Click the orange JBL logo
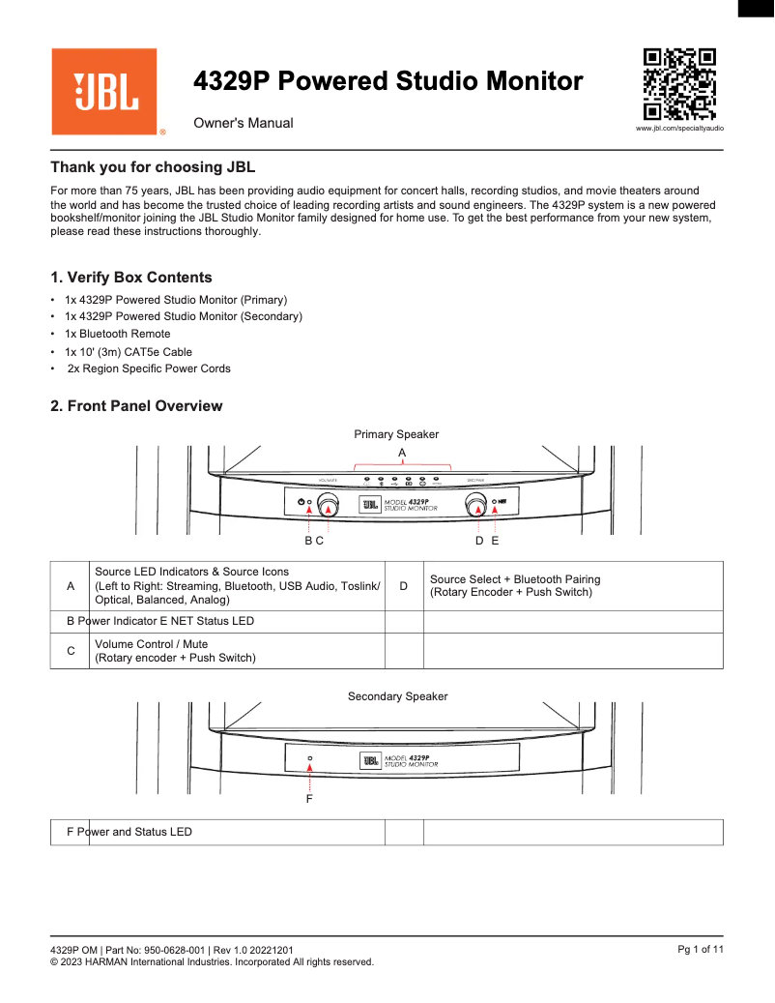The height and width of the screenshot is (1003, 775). pos(104,92)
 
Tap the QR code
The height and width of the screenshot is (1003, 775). pos(680,84)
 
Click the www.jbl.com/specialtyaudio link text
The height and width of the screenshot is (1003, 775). pos(679,129)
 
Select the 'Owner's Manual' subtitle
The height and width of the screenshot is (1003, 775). pos(243,124)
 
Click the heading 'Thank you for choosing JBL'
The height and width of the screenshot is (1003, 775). pos(153,167)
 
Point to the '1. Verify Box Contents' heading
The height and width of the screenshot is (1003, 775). pos(131,278)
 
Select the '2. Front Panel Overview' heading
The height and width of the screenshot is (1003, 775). pos(136,406)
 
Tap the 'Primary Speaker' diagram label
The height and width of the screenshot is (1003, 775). pos(396,434)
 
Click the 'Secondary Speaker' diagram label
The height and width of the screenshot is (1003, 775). pos(397,696)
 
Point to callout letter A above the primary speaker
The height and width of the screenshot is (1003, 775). pos(402,453)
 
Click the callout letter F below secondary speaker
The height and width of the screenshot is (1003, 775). pos(309,800)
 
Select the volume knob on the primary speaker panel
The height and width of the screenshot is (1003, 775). pos(330,504)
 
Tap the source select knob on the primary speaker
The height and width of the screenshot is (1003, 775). pos(474,504)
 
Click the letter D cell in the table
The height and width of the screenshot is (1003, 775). pos(404,586)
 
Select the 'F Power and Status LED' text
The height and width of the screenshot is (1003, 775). pos(129,832)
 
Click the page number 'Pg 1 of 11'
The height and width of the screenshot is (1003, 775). pos(701,950)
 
